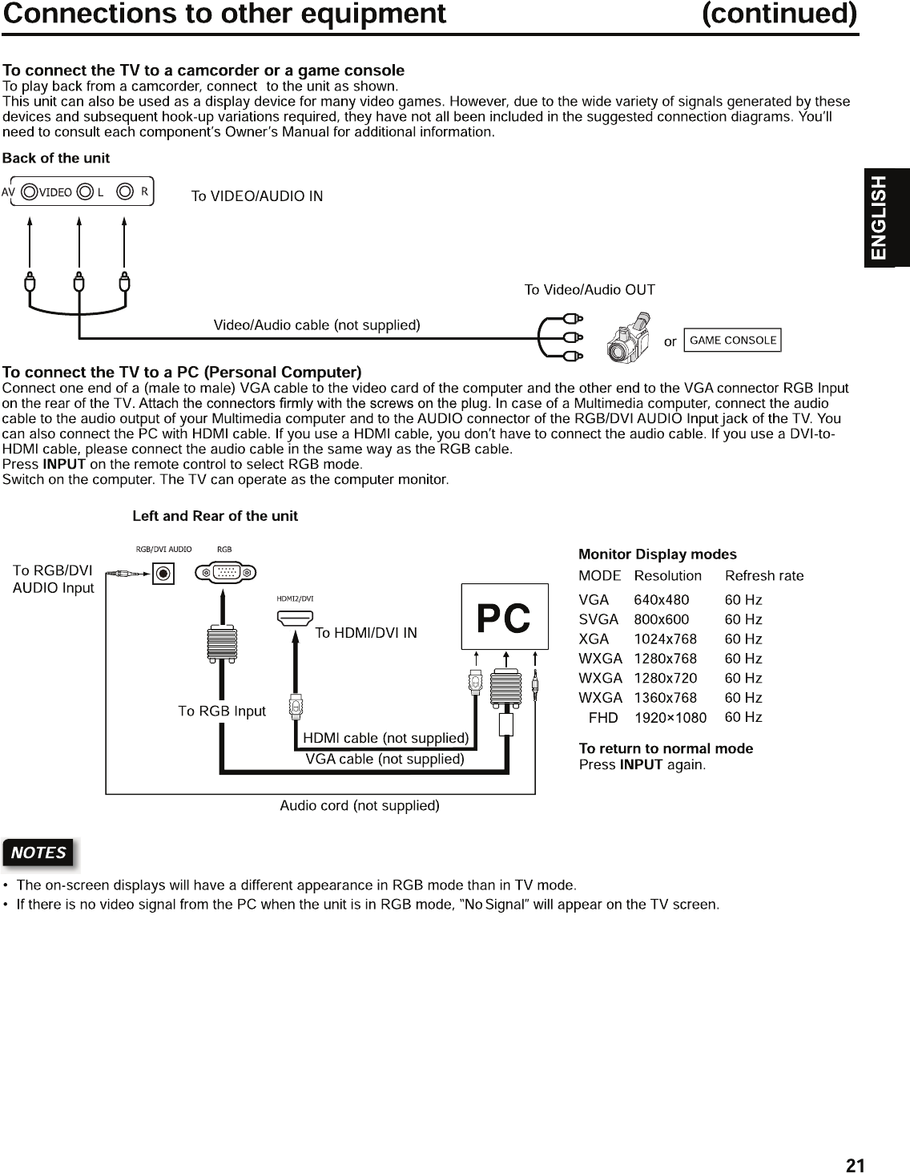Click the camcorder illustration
pyautogui.click(x=630, y=339)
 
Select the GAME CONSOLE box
pyautogui.click(x=733, y=340)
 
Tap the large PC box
pyautogui.click(x=505, y=617)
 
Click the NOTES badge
pyautogui.click(x=38, y=853)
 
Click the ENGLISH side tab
pyautogui.click(x=880, y=217)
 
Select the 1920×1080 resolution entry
pyautogui.click(x=670, y=718)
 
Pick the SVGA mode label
pyautogui.click(x=598, y=619)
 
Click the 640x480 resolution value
pyautogui.click(x=661, y=600)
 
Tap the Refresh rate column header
pyautogui.click(x=764, y=576)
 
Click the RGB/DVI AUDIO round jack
pyautogui.click(x=163, y=574)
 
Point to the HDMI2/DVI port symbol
pyautogui.click(x=296, y=618)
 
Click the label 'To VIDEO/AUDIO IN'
pyautogui.click(x=257, y=196)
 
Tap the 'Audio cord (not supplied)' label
pyautogui.click(x=360, y=805)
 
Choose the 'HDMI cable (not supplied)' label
pyautogui.click(x=385, y=738)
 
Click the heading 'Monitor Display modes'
pyautogui.click(x=658, y=554)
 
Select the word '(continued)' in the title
pyautogui.click(x=779, y=14)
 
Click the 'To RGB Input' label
pyautogui.click(x=222, y=711)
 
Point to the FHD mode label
pyautogui.click(x=603, y=718)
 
